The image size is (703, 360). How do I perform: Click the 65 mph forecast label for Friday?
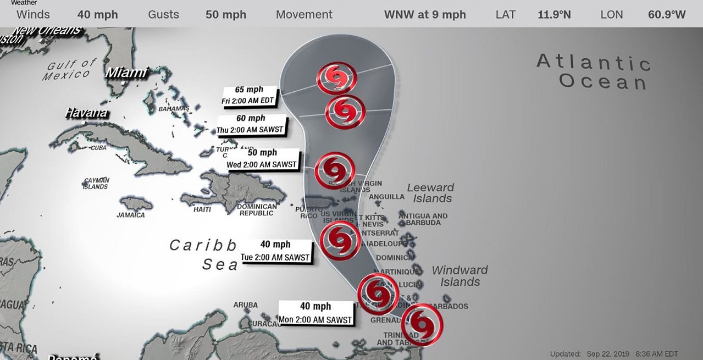pyautogui.click(x=250, y=95)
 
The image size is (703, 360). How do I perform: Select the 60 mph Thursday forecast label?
pyautogui.click(x=251, y=124)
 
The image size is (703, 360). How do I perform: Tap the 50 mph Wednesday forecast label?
pyautogui.click(x=262, y=158)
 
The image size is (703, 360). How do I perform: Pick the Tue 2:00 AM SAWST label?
pyautogui.click(x=275, y=251)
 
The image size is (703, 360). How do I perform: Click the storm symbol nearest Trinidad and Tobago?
pyautogui.click(x=422, y=324)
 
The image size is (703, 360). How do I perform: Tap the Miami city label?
pyautogui.click(x=126, y=73)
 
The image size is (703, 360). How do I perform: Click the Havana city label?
pyautogui.click(x=86, y=113)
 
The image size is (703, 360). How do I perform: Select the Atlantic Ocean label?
pyautogui.click(x=594, y=71)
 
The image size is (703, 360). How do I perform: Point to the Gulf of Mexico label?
pyautogui.click(x=72, y=70)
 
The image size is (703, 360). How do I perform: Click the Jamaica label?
pyautogui.click(x=131, y=215)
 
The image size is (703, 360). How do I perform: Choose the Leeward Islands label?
pyautogui.click(x=431, y=193)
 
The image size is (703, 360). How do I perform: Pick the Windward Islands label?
pyautogui.click(x=460, y=276)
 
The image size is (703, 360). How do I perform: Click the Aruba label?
pyautogui.click(x=245, y=305)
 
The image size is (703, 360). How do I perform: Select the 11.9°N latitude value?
pyautogui.click(x=554, y=15)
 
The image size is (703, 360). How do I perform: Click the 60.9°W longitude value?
pyautogui.click(x=667, y=15)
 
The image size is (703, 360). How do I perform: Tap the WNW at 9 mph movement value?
pyautogui.click(x=425, y=15)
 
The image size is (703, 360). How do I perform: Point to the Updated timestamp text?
pyautogui.click(x=614, y=354)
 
